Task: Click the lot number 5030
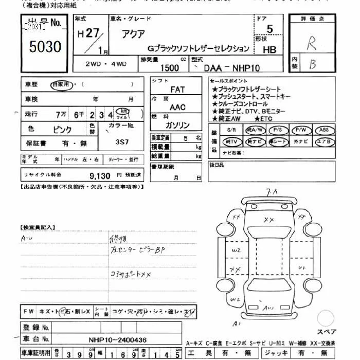(x=45, y=47)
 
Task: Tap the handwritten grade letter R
(x=312, y=43)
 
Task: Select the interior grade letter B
(x=312, y=64)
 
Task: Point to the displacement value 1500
(x=170, y=67)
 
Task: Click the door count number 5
(x=269, y=30)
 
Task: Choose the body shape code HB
(x=269, y=50)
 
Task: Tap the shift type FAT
(x=177, y=89)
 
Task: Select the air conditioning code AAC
(x=177, y=107)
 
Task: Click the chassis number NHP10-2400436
(x=117, y=340)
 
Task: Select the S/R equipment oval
(x=232, y=130)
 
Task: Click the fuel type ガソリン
(x=177, y=125)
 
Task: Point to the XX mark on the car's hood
(x=268, y=220)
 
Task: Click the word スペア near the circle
(x=327, y=332)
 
